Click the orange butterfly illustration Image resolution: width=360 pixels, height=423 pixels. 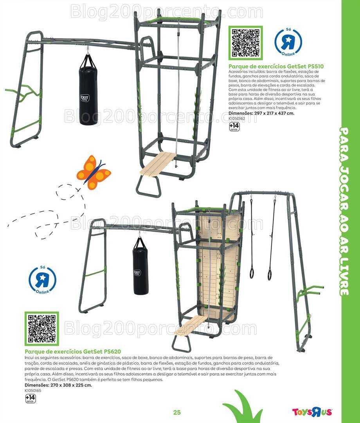pyautogui.click(x=94, y=172)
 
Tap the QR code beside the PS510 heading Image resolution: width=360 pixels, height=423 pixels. pyautogui.click(x=245, y=43)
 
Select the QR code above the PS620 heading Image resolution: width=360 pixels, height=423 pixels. pyautogui.click(x=42, y=329)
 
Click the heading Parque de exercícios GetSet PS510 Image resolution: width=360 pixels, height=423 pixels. pyautogui.click(x=276, y=66)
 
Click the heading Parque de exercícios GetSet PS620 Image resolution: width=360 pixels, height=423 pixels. pyautogui.click(x=73, y=351)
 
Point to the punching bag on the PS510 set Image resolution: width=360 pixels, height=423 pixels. pyautogui.click(x=87, y=90)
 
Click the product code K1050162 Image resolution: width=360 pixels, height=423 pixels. pyautogui.click(x=237, y=118)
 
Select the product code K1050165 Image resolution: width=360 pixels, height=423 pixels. pyautogui.click(x=33, y=390)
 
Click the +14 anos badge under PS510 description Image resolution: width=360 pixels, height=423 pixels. pyautogui.click(x=234, y=127)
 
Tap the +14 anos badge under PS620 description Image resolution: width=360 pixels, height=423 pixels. pyautogui.click(x=30, y=399)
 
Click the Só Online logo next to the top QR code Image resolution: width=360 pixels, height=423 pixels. pyautogui.click(x=288, y=42)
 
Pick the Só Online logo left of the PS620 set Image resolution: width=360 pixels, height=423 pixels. pyautogui.click(x=42, y=280)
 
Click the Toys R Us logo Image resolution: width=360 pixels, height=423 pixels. pyautogui.click(x=312, y=412)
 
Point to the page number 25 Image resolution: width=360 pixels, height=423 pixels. pyautogui.click(x=177, y=412)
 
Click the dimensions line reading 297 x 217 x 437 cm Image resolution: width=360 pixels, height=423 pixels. pyautogui.click(x=261, y=113)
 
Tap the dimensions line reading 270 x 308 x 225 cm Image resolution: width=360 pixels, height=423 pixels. pyautogui.click(x=58, y=385)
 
